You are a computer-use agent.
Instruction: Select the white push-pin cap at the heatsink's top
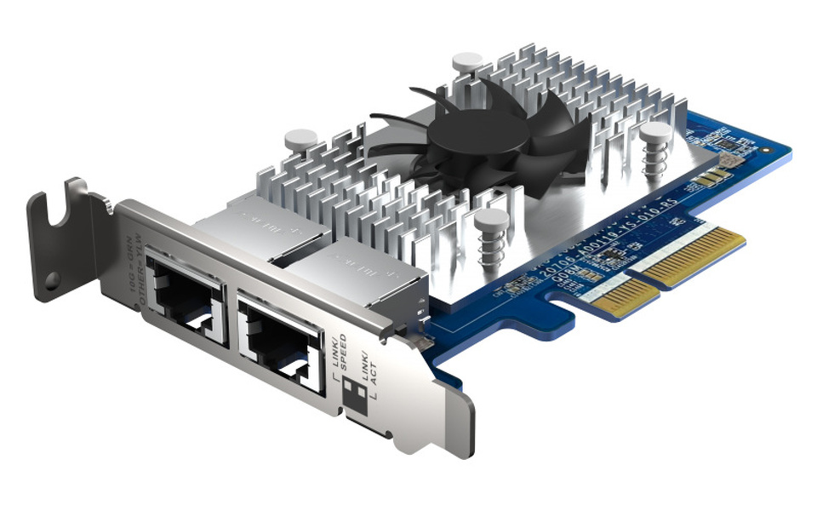467,62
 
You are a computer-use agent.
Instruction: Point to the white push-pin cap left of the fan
300,139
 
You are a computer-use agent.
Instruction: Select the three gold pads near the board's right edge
710,177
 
